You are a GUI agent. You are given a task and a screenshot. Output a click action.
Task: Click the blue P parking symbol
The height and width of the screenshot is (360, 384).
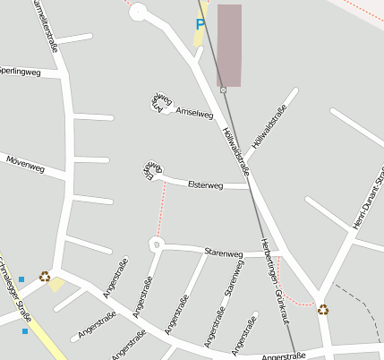click(x=201, y=25)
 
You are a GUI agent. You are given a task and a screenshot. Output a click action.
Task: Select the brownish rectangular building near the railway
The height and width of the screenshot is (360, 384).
click(x=229, y=45)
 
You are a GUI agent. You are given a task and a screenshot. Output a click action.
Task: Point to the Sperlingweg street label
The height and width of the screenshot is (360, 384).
click(x=20, y=71)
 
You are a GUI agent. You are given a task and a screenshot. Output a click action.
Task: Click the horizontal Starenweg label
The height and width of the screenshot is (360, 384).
click(x=224, y=253)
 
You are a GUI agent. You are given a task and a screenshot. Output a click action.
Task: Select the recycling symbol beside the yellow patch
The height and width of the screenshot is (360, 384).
click(x=45, y=277)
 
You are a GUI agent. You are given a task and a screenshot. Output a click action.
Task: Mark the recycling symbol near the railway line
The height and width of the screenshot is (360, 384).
click(x=323, y=310)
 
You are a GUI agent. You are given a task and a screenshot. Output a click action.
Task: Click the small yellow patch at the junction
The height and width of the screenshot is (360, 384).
click(x=57, y=285)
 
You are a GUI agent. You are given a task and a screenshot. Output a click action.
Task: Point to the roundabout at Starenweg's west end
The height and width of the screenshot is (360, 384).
click(x=157, y=242)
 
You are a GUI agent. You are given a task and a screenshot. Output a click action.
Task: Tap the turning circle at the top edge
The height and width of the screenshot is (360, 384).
click(x=138, y=12)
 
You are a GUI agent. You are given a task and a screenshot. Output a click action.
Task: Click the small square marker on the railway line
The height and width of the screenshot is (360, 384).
click(x=223, y=90)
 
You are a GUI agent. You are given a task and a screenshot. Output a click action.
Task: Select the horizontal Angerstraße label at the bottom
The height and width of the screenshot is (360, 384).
click(x=283, y=356)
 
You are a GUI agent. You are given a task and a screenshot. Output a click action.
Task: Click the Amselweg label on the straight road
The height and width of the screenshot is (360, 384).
click(x=195, y=113)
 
